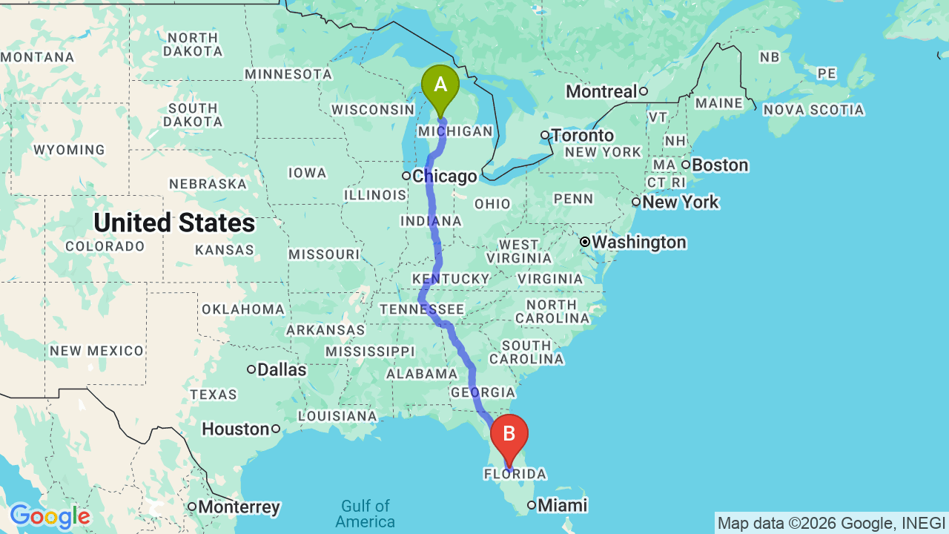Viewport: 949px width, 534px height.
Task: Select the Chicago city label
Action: point(444,177)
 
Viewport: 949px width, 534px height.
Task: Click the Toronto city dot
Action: point(545,135)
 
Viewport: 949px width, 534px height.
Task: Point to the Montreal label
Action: point(601,91)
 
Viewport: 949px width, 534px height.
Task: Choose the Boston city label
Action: point(720,165)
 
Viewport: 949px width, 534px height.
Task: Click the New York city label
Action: point(681,202)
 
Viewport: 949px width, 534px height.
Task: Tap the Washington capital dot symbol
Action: point(585,242)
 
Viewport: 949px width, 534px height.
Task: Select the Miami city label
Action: point(562,506)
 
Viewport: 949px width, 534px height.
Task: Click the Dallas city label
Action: point(282,369)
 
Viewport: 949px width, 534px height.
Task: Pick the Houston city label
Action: point(236,429)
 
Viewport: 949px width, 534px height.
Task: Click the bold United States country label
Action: point(174,222)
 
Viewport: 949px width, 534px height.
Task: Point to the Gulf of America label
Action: point(366,514)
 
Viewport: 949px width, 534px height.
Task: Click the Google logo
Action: point(50,516)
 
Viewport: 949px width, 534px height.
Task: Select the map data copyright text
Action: point(831,523)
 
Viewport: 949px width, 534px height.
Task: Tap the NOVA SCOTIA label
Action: point(813,110)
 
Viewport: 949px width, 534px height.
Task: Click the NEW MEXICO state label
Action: point(97,350)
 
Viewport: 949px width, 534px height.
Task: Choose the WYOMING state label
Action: point(70,150)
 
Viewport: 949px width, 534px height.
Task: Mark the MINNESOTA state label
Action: point(288,74)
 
